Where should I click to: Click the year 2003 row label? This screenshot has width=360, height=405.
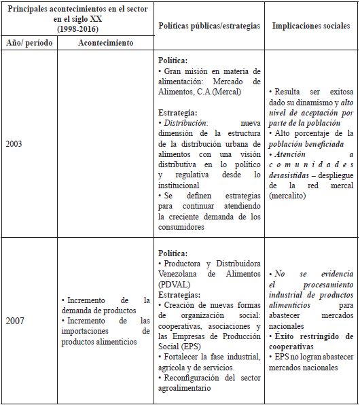[x=15, y=144]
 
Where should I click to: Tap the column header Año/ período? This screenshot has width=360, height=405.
[x=29, y=42]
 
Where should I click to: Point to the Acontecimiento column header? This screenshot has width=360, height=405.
[x=105, y=42]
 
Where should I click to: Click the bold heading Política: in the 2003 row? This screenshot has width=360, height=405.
[x=173, y=60]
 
